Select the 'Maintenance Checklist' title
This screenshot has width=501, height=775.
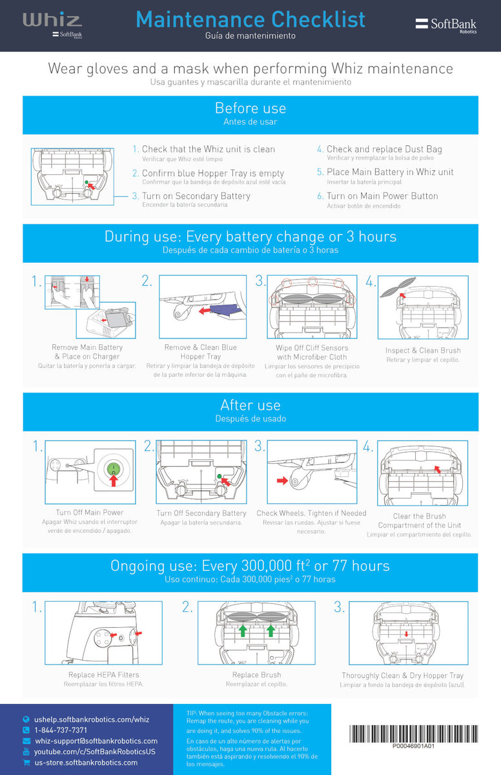[251, 19]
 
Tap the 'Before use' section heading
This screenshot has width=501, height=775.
[251, 108]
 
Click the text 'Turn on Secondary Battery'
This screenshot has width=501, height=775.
[196, 196]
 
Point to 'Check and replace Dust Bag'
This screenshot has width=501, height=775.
[384, 149]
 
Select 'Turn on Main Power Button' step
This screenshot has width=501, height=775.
[382, 196]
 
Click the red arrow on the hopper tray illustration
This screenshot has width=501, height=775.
[207, 311]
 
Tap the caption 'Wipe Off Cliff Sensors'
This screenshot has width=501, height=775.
[312, 347]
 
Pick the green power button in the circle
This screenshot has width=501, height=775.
[112, 469]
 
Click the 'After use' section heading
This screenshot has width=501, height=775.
[251, 405]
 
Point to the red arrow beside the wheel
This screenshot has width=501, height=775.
[281, 480]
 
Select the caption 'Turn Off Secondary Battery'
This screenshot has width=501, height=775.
[201, 513]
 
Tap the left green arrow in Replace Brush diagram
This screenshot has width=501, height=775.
[242, 630]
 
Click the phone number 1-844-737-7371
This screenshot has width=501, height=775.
[61, 730]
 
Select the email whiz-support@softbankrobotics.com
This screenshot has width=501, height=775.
[96, 741]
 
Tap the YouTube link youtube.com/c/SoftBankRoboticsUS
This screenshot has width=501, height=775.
[94, 752]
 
